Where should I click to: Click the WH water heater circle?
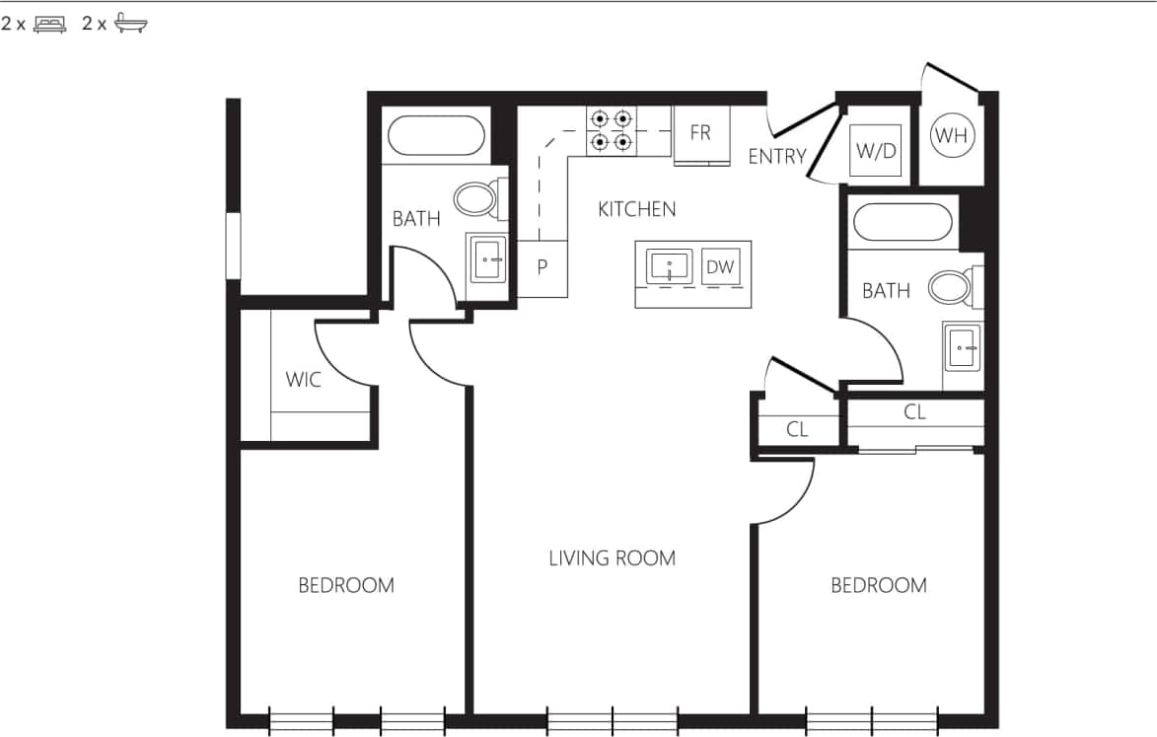point(952,136)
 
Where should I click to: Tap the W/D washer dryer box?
point(876,151)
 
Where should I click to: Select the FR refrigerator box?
point(700,133)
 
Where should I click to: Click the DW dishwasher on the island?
point(721,265)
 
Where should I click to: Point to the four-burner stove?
point(610,130)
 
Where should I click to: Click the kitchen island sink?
point(670,265)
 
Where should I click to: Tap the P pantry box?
point(542,268)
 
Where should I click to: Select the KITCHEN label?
point(637,209)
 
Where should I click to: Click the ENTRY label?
point(777,156)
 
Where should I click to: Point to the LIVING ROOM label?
point(612,558)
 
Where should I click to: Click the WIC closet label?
point(303,379)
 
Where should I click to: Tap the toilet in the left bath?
point(477,200)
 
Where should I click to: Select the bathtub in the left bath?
point(436,136)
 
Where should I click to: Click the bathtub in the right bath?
point(903,222)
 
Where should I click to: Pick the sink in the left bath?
point(487,259)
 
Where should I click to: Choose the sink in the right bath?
point(963,347)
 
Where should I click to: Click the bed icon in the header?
point(49,25)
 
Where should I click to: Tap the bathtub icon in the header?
point(130,25)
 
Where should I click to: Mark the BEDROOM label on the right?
point(878,586)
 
